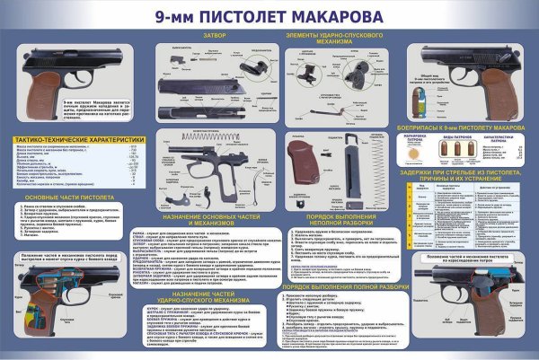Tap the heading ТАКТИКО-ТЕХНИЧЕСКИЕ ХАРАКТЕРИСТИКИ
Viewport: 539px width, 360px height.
click(79, 140)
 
